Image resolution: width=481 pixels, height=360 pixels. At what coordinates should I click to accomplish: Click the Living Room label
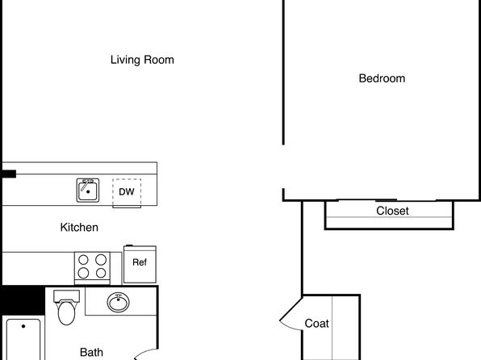[142, 60]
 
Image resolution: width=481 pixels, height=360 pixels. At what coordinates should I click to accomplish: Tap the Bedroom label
[382, 78]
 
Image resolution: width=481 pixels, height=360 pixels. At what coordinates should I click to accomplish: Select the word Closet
[392, 211]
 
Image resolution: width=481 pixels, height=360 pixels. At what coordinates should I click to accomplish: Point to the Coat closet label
[316, 323]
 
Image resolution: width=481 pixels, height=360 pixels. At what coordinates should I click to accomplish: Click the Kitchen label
[79, 228]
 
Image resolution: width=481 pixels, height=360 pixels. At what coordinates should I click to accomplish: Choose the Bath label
[91, 352]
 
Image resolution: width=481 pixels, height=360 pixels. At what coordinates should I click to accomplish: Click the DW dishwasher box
[127, 192]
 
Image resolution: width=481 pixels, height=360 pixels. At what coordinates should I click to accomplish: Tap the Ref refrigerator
[140, 264]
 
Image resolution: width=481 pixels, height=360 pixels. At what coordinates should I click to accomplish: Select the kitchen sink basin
[88, 190]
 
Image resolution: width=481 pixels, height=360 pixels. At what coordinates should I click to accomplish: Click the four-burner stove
[92, 268]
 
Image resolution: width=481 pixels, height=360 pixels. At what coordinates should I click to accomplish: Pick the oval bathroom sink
[118, 303]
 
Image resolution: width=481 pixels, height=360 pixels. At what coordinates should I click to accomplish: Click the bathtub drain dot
[23, 326]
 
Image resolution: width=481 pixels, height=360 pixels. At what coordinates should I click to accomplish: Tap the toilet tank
[66, 296]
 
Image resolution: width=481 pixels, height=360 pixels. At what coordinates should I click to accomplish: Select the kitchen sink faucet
[86, 184]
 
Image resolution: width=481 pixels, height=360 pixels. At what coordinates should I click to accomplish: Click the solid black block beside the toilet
[23, 300]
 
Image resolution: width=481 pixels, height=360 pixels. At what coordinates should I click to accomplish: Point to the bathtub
[23, 340]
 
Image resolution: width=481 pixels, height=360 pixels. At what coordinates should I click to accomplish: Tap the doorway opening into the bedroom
[283, 166]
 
